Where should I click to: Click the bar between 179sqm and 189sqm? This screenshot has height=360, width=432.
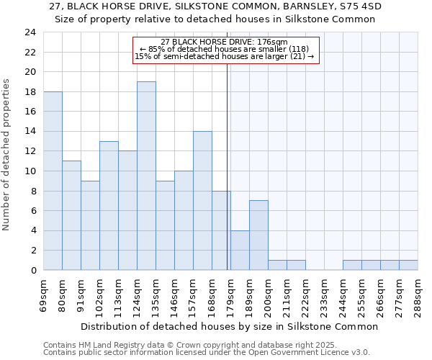[240, 250]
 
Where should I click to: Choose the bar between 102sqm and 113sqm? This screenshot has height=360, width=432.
[109, 205]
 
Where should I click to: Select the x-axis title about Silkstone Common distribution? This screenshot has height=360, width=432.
[229, 326]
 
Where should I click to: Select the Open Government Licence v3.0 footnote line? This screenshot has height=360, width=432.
[207, 352]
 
